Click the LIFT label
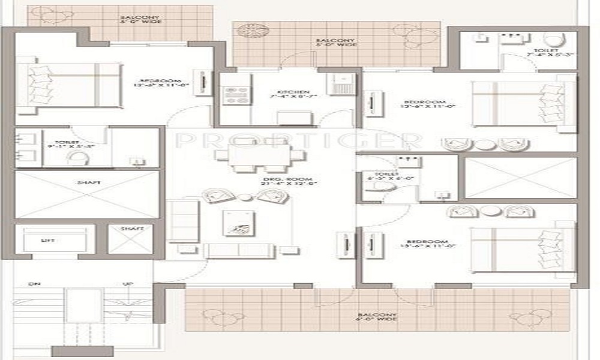tap(48, 240)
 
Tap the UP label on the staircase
tap(127, 284)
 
